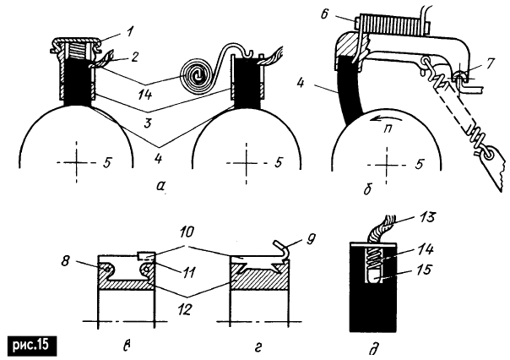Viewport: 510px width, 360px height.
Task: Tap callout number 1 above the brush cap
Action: click(130, 34)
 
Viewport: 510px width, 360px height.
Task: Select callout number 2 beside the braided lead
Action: click(133, 57)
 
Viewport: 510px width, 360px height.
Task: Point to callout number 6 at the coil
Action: click(324, 14)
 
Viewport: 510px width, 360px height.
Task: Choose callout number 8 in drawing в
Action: click(66, 261)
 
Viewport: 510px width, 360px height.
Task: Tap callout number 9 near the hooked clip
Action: click(311, 239)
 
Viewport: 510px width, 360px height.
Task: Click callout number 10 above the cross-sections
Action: click(186, 233)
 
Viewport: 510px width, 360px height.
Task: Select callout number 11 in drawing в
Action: click(188, 271)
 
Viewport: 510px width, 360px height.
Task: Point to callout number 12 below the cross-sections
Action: click(184, 309)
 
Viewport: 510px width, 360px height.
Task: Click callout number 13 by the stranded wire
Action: click(426, 217)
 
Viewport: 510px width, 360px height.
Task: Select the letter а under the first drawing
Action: click(160, 186)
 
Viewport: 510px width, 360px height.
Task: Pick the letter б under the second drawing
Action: click(368, 188)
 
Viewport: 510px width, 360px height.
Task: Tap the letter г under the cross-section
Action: click(258, 347)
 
